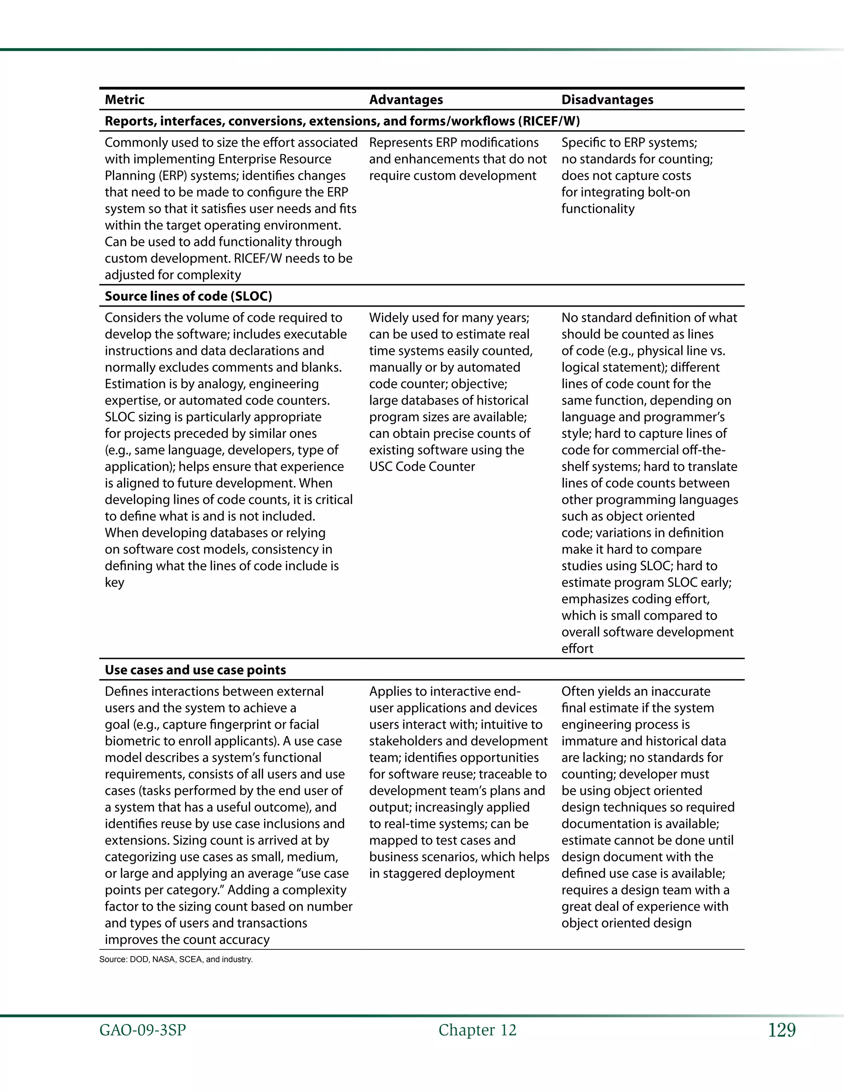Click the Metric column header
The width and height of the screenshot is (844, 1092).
tap(124, 99)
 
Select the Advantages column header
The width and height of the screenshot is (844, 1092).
tap(406, 99)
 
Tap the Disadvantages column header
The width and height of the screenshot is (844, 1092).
tap(607, 99)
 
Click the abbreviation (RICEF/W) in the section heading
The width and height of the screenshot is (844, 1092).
tap(549, 121)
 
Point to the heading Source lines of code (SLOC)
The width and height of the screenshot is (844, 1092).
tap(188, 296)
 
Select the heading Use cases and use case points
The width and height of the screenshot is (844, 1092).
tap(195, 670)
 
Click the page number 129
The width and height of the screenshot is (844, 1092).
tap(781, 1030)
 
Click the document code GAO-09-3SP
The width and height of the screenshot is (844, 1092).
tap(143, 1030)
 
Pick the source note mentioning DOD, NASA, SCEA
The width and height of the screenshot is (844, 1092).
tap(176, 959)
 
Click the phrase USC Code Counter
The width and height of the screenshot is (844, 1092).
tap(422, 466)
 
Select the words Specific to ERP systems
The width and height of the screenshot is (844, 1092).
tap(628, 143)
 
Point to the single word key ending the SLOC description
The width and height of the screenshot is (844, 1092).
tap(114, 583)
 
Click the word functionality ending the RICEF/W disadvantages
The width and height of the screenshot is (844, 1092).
tap(598, 209)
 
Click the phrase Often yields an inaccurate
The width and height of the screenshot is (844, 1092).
tap(635, 691)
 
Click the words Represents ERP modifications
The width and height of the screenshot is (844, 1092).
tap(453, 143)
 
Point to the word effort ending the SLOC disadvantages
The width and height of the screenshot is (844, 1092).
tap(577, 649)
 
